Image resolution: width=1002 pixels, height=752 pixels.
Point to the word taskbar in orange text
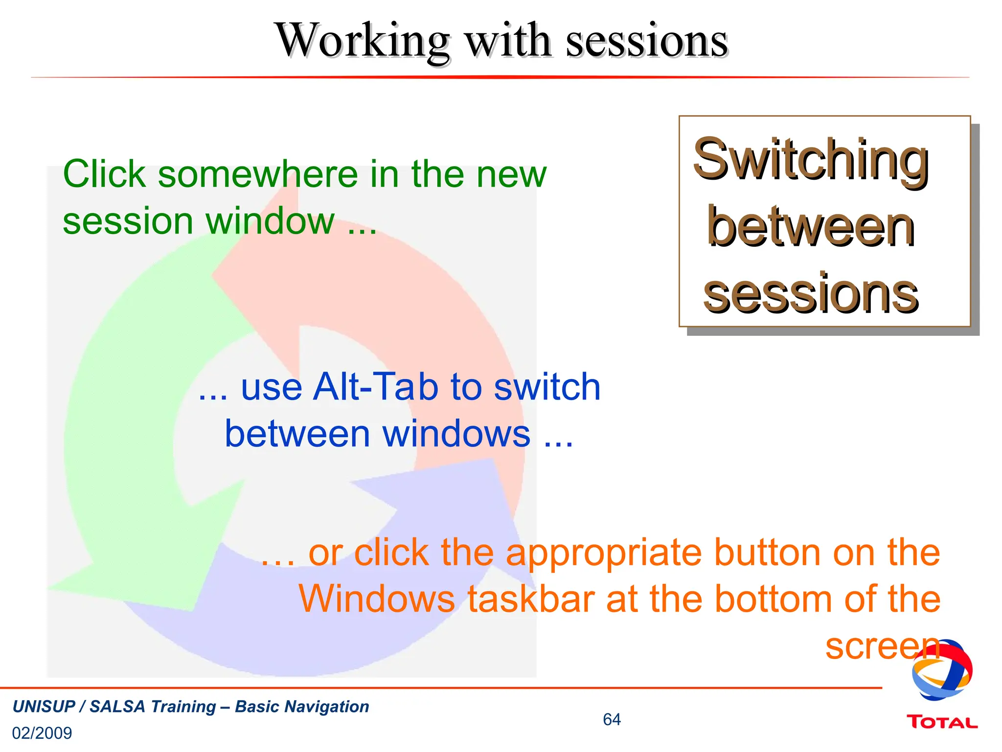point(531,599)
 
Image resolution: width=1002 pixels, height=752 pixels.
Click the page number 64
point(612,719)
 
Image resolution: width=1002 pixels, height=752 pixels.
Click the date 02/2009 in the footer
point(42,733)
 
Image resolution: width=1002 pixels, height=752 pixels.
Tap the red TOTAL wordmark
point(942,722)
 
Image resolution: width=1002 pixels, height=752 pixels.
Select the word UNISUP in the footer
point(44,706)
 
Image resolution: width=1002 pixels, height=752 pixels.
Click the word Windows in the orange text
point(377,599)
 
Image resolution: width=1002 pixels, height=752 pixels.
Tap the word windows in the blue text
point(456,434)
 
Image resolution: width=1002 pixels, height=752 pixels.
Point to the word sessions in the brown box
point(811,294)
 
